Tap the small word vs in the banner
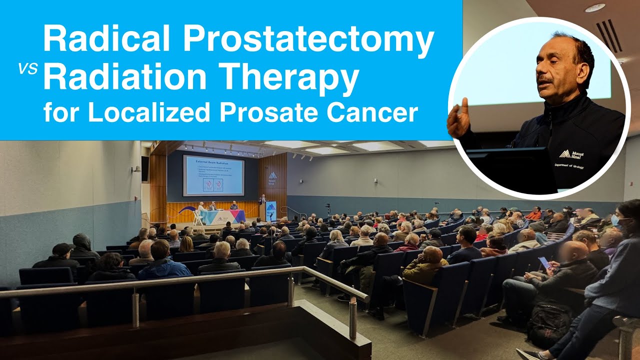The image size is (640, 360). pos(28,69)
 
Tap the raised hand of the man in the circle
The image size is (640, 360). pos(458,118)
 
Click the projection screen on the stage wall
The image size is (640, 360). pos(213,175)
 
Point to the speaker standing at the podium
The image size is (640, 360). pos(262,204)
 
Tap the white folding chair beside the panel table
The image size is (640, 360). pos(198,218)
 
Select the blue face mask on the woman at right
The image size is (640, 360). pos(615,220)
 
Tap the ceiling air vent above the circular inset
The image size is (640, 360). pos(609,35)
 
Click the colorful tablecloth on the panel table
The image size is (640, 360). pos(222,216)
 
